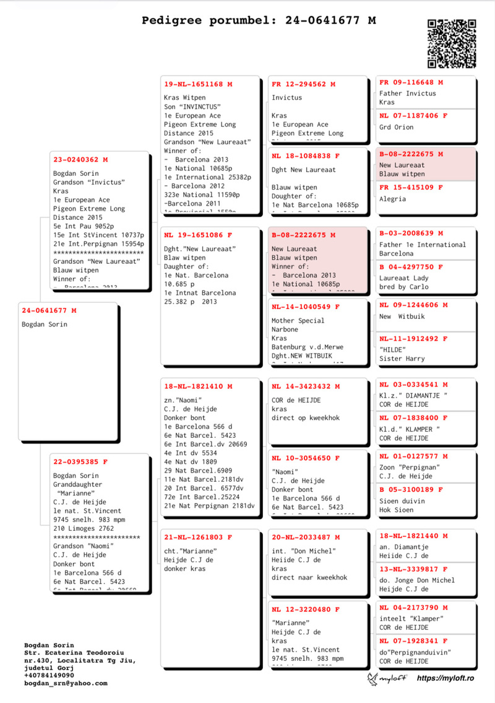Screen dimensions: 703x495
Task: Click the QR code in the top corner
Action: [x=451, y=43]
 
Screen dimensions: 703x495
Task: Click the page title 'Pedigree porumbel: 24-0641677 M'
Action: [x=259, y=20]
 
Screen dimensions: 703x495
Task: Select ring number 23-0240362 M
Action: [x=80, y=160]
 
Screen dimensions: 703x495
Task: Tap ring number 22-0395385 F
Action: [x=80, y=461]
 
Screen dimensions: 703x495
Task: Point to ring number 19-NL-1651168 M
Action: [x=198, y=84]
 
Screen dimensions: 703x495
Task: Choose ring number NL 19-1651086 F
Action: [x=198, y=235]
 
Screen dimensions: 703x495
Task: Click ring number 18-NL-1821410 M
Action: [x=198, y=386]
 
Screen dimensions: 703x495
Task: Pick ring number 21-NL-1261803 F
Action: [x=198, y=537]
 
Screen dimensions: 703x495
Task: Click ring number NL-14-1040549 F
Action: [x=306, y=307]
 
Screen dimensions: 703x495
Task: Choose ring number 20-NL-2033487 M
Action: [x=306, y=537]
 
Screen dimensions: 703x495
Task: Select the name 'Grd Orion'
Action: [x=396, y=127]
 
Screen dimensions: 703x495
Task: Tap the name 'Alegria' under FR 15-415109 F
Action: [x=393, y=199]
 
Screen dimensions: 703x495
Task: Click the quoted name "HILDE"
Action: [x=393, y=349]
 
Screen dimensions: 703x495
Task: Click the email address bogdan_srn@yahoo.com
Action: [x=66, y=683]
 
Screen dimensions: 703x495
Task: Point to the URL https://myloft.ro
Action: [x=445, y=678]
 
